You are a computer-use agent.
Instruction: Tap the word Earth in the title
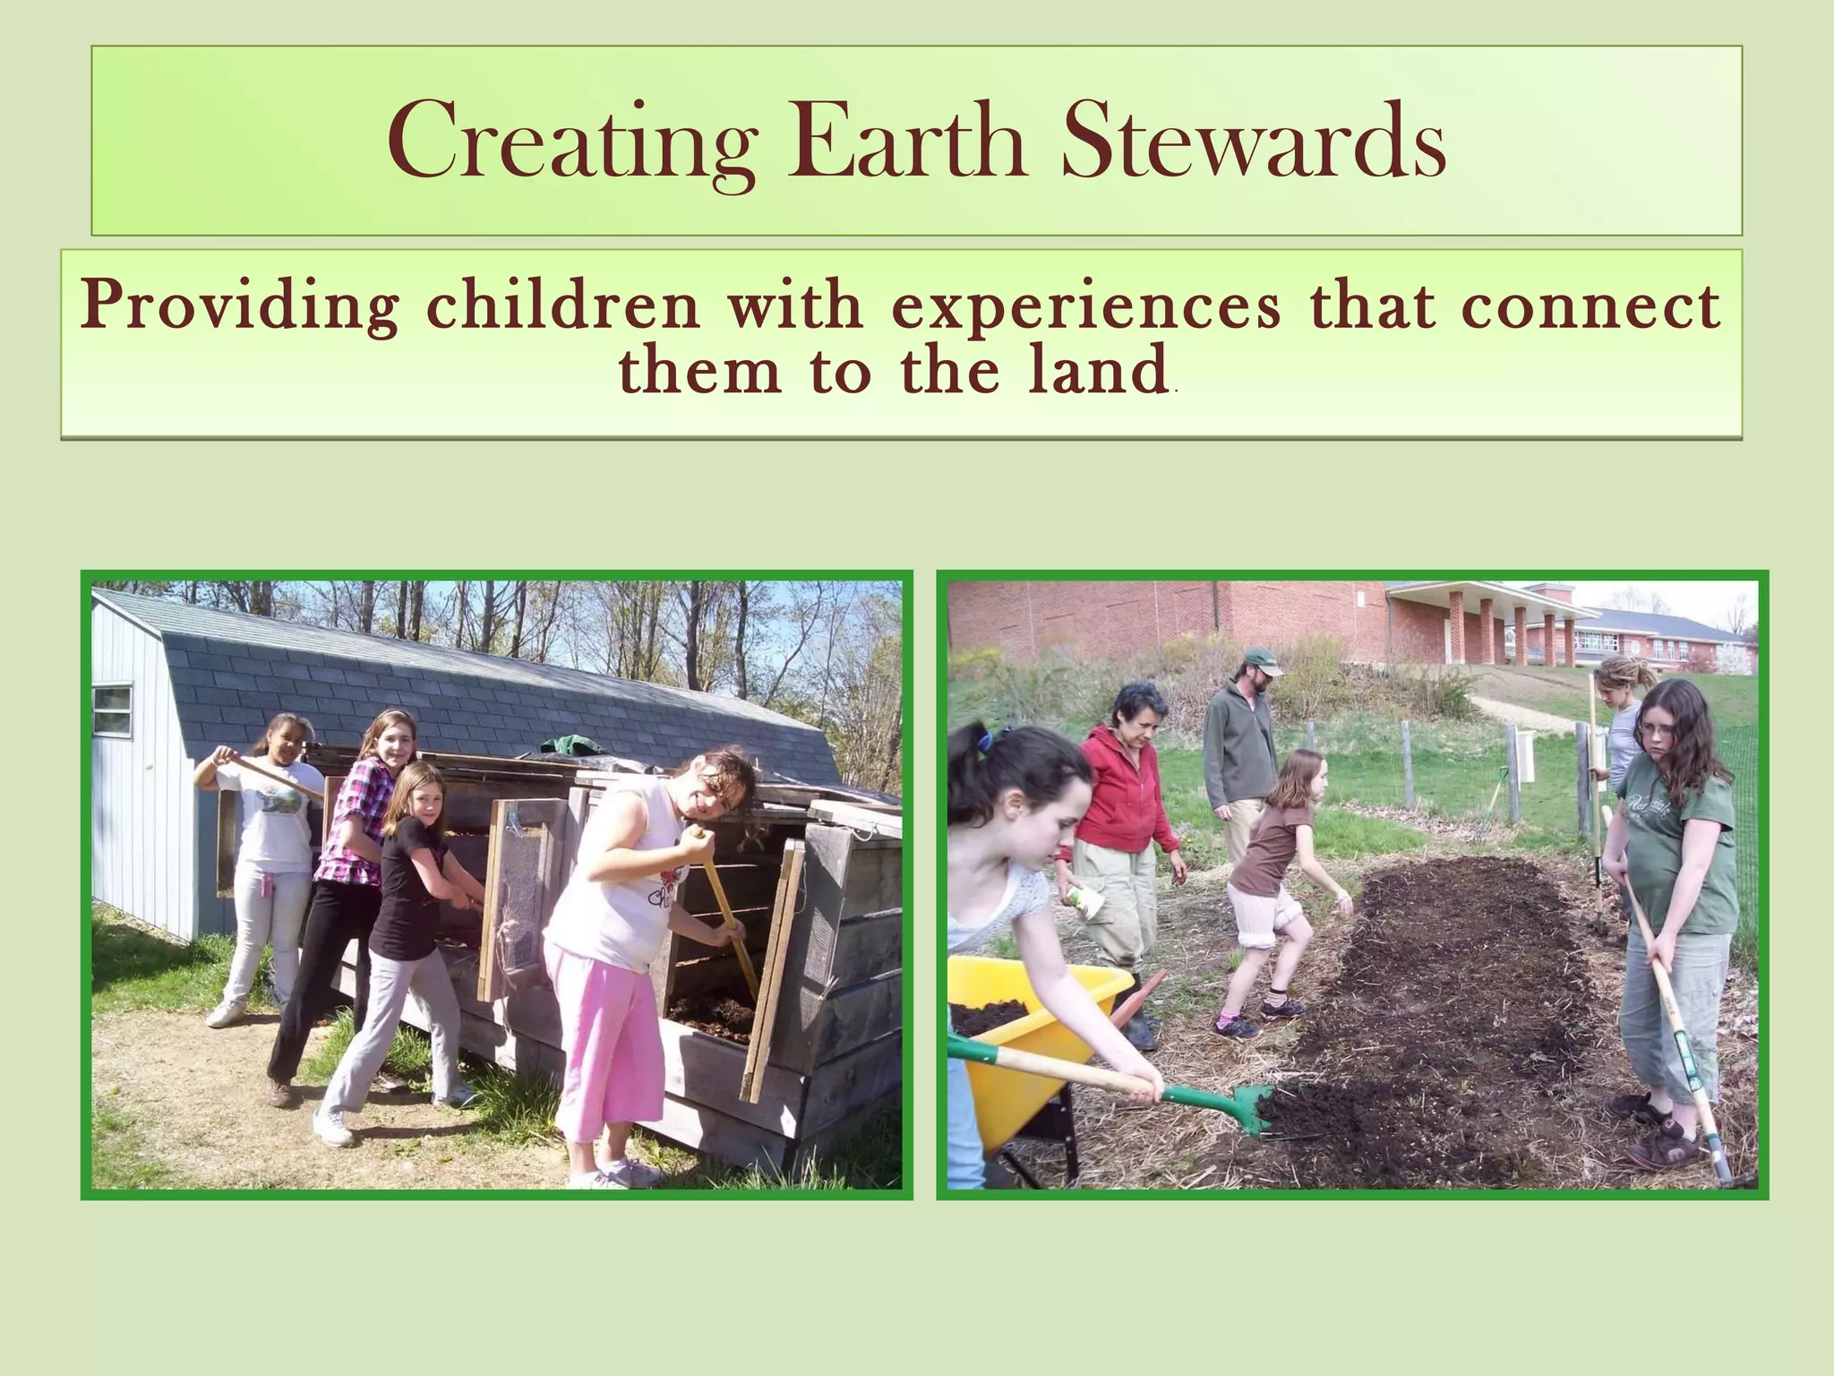[906, 142]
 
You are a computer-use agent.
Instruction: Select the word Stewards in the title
[1254, 142]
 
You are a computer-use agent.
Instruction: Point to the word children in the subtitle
[562, 306]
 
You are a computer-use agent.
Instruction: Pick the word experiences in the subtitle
[1085, 306]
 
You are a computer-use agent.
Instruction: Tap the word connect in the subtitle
[1590, 306]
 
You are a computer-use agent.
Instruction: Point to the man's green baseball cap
[1261, 662]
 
